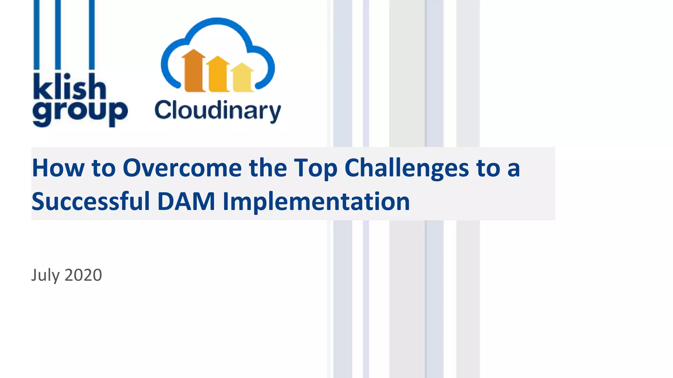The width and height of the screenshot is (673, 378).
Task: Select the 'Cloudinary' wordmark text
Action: point(218,110)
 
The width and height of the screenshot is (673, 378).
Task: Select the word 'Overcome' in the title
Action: point(182,168)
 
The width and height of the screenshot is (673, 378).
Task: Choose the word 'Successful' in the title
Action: point(91,201)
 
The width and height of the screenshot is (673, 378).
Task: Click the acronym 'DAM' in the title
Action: point(186,201)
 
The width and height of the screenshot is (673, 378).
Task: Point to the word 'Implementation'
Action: point(316,201)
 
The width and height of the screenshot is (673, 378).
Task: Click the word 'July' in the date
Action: point(45,275)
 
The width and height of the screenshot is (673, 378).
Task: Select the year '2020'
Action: point(83,275)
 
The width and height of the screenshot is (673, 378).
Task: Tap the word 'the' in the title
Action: point(268,168)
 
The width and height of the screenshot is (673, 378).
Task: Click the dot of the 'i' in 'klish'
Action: point(67,76)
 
